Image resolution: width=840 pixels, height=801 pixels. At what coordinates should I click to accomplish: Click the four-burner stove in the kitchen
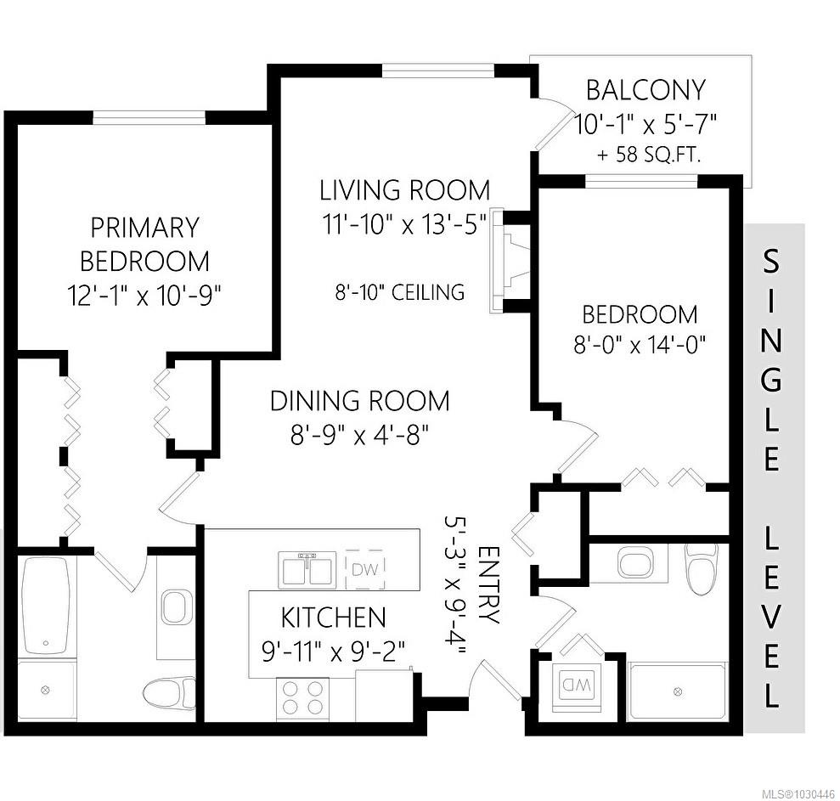coord(302,697)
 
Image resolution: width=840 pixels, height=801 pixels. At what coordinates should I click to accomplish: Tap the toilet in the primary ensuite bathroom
coord(164,692)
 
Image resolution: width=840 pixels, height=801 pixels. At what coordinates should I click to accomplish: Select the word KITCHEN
coord(333,617)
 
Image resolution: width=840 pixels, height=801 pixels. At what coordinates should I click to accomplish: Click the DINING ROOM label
coord(359,400)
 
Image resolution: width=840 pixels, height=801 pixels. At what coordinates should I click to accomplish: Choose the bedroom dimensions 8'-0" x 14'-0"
coord(640,346)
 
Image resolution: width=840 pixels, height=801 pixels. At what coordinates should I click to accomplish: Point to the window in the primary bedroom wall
coord(149,117)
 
